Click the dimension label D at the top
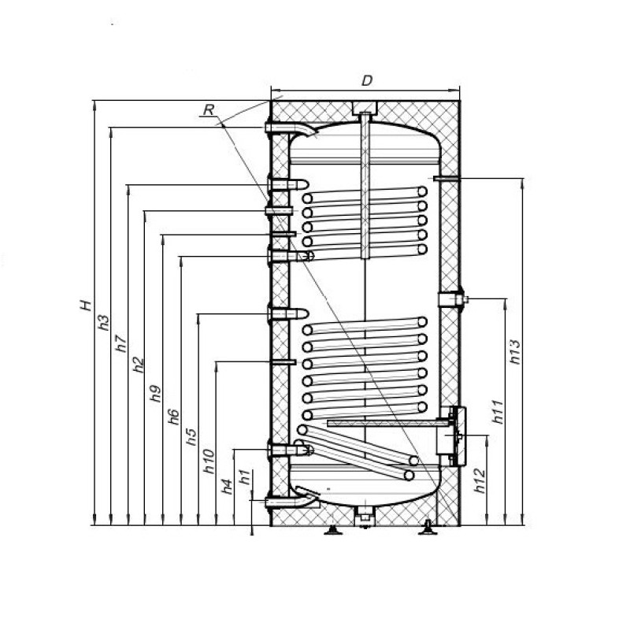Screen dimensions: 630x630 pyautogui.click(x=367, y=81)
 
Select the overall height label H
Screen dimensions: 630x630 pyautogui.click(x=86, y=306)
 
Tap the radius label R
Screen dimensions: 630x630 pyautogui.click(x=209, y=109)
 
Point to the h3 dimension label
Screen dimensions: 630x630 pyautogui.click(x=104, y=323)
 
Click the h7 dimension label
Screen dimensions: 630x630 pyautogui.click(x=121, y=344)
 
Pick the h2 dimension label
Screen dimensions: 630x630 pyautogui.click(x=139, y=365)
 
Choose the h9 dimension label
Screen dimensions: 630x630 pyautogui.click(x=155, y=393)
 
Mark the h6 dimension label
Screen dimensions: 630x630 pyautogui.click(x=173, y=417)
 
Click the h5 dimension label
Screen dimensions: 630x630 pyautogui.click(x=191, y=437)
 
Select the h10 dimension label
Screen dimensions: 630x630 pyautogui.click(x=209, y=461)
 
